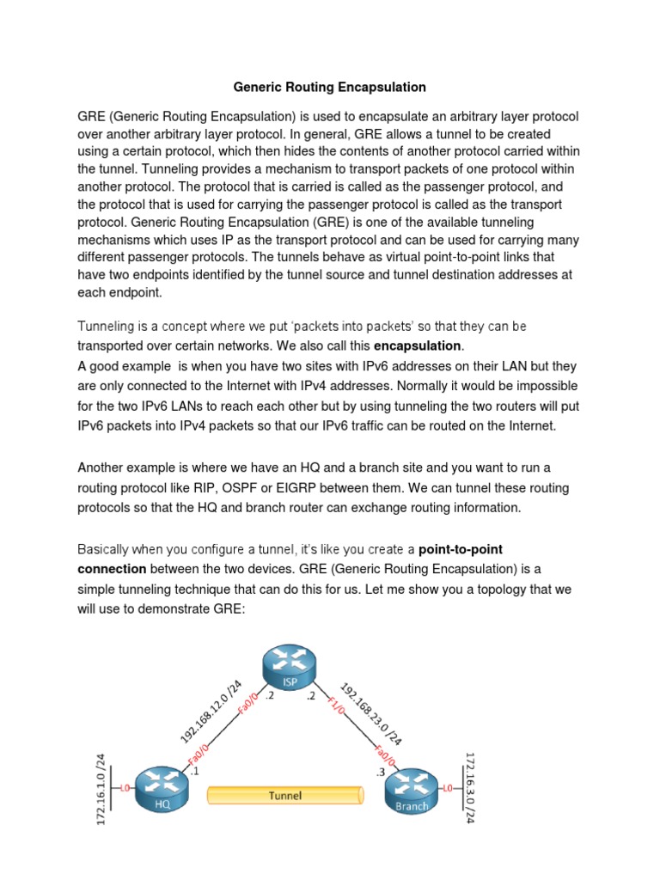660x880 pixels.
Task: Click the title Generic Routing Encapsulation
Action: click(330, 87)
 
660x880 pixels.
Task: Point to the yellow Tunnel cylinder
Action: click(285, 796)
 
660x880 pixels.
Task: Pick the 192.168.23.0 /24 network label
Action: click(370, 713)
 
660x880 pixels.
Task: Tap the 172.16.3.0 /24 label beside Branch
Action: click(470, 786)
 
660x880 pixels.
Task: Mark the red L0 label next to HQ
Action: click(125, 787)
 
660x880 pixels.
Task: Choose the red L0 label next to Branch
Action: click(448, 787)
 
